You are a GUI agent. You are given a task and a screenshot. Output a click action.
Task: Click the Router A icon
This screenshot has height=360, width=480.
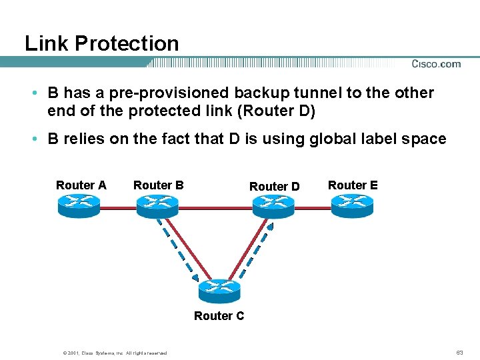[x=79, y=205]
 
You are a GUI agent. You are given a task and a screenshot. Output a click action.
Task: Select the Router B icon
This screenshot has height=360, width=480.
[x=158, y=205]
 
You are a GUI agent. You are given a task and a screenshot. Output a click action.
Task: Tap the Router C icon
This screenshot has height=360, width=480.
[x=219, y=291]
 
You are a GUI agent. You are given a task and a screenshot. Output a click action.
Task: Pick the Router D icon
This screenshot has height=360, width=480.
[x=273, y=205]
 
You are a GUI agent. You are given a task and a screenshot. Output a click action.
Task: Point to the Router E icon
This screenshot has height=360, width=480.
[x=353, y=205]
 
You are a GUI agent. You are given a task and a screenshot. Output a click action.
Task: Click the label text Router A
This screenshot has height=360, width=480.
[x=81, y=185]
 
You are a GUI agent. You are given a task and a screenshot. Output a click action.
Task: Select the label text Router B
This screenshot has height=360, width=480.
[x=159, y=185]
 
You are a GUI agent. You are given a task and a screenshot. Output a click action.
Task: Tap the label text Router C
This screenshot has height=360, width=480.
[x=219, y=316]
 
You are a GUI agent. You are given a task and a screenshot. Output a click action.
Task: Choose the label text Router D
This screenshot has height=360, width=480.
[x=275, y=187]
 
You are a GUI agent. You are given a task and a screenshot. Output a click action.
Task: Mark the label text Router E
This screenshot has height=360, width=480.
[x=353, y=185]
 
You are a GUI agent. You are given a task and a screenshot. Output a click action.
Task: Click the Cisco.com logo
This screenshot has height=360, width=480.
[x=436, y=64]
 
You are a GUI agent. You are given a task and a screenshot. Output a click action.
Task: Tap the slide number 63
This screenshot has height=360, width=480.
[x=459, y=352]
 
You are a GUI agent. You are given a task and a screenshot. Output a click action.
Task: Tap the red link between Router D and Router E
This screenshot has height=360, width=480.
[x=313, y=207]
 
